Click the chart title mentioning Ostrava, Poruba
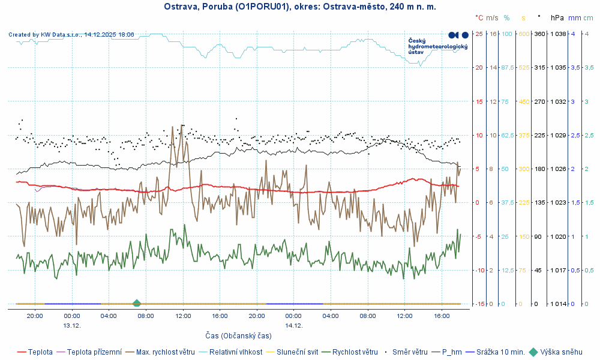coord(300,7)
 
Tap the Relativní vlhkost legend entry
coord(235,352)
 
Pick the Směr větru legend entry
coord(409,352)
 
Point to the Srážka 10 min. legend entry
coord(500,352)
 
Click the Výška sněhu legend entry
coord(561,352)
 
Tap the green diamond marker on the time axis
coord(137,304)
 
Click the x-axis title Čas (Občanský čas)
coord(238,335)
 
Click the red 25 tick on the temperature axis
coord(479,34)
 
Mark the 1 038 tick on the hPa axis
coord(557,34)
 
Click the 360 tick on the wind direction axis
coord(539,34)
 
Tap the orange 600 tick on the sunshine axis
coord(523,34)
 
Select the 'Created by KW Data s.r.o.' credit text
coord(71,35)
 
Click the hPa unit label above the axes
coord(557,18)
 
